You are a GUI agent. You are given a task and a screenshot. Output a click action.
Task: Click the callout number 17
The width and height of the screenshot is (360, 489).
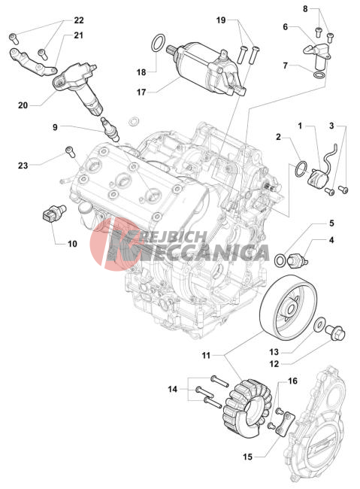[141, 93]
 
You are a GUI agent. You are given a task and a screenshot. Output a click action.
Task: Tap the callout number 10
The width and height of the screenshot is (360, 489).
[72, 244]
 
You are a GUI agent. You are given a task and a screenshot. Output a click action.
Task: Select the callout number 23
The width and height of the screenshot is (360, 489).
[23, 166]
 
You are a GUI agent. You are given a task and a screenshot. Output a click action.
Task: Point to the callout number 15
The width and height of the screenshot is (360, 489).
[248, 457]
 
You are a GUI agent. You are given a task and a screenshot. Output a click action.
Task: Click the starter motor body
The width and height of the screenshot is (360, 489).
[206, 69]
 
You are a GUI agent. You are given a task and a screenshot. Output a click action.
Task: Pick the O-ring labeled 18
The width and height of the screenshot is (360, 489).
[159, 43]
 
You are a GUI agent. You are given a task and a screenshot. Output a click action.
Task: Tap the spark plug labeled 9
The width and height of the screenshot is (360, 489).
[110, 129]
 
